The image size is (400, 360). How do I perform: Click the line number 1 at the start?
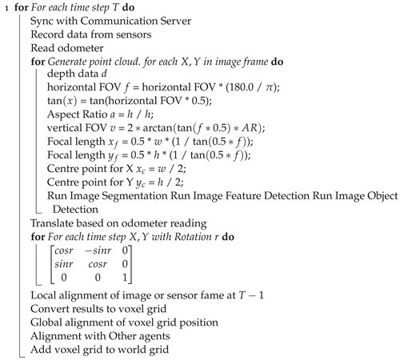4,9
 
